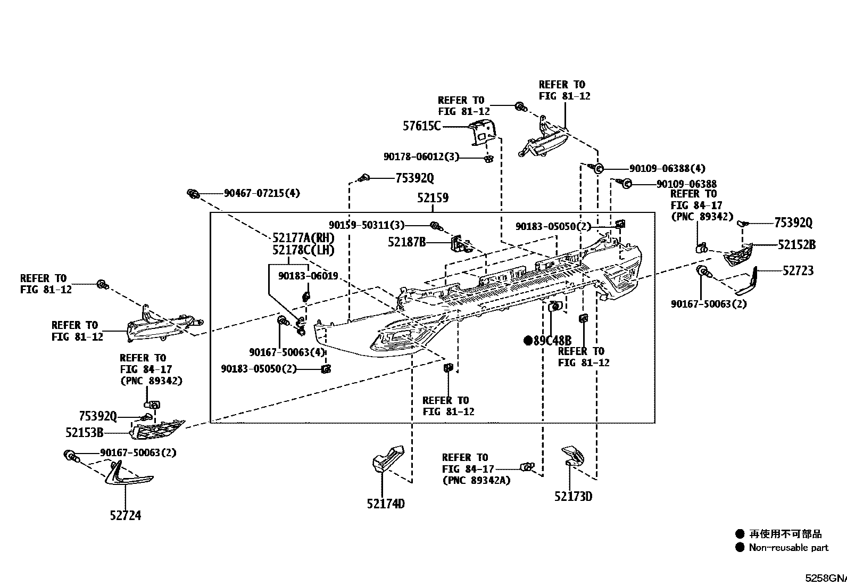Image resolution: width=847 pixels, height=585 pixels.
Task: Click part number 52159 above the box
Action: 433,197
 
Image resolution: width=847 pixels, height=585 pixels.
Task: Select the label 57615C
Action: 421,126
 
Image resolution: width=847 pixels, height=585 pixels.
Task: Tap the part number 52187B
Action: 407,242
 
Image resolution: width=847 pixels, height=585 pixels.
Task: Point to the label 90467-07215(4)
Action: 262,193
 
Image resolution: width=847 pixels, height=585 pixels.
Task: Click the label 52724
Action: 126,515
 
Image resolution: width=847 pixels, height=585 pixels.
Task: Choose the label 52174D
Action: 386,504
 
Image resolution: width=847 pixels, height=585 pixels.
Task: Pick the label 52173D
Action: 573,496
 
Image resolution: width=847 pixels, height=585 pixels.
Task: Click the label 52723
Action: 798,270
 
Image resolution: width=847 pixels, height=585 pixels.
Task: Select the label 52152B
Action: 796,245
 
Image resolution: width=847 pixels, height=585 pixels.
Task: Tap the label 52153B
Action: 84,433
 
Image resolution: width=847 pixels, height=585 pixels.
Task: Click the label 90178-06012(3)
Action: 421,156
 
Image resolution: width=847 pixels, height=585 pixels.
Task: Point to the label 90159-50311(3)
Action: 367,225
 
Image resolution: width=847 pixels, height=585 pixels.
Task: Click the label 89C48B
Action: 552,341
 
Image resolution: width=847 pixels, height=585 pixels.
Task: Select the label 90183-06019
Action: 308,276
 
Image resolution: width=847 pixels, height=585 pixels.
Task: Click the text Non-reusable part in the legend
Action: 789,548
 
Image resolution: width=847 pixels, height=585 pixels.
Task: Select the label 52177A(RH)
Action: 304,237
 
